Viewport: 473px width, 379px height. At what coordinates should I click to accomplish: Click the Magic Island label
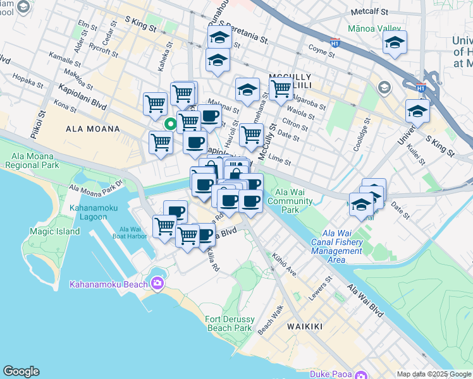[55, 231]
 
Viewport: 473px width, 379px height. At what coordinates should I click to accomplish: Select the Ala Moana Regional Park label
[32, 160]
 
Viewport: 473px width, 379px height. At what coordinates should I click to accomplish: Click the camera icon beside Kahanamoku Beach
[156, 282]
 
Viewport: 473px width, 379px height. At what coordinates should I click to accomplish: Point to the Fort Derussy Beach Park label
[230, 323]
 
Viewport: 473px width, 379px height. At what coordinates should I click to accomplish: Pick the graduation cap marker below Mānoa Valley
[395, 43]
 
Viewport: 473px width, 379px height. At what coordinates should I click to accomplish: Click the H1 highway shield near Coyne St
[335, 43]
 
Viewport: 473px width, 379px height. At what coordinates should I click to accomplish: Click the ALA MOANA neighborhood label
[92, 129]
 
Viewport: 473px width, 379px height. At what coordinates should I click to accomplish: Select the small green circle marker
[169, 124]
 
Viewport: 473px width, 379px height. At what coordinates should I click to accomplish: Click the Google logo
[21, 371]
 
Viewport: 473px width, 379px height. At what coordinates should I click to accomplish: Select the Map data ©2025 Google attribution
[434, 374]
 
